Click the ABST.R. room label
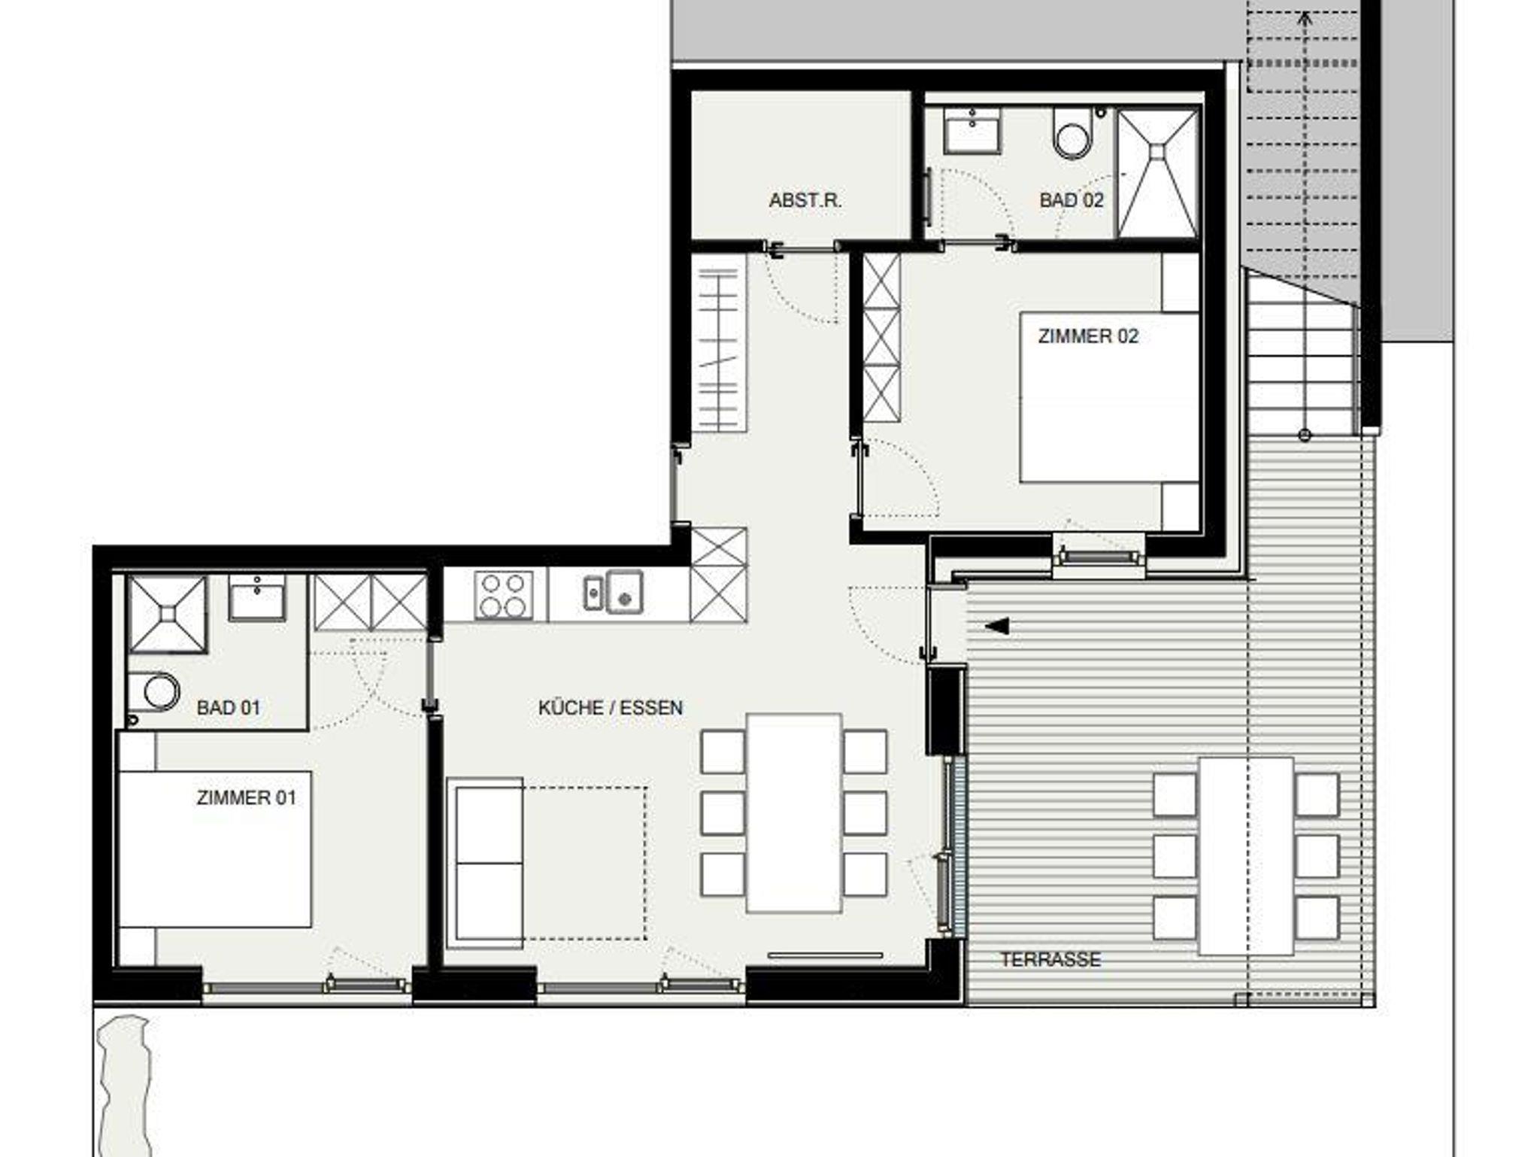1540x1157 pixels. pos(805,201)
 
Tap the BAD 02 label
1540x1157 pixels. pos(1072,200)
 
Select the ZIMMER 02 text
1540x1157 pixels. pos(1088,336)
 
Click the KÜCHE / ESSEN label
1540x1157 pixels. pos(611,708)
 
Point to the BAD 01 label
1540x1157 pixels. pos(228,708)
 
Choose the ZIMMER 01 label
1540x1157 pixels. pos(247,797)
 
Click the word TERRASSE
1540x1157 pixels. pos(1050,959)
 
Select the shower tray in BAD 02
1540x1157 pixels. pos(1157,173)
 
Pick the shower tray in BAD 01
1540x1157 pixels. pos(167,615)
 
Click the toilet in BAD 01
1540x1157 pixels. pos(154,691)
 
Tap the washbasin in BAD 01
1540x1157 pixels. pos(257,598)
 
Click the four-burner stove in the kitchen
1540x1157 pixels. pos(505,596)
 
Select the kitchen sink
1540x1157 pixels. pos(614,592)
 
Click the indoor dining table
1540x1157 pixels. pos(794,813)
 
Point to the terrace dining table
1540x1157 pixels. pos(1246,855)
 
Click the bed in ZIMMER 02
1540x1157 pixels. pos(1109,397)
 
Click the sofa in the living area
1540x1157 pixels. pos(485,863)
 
